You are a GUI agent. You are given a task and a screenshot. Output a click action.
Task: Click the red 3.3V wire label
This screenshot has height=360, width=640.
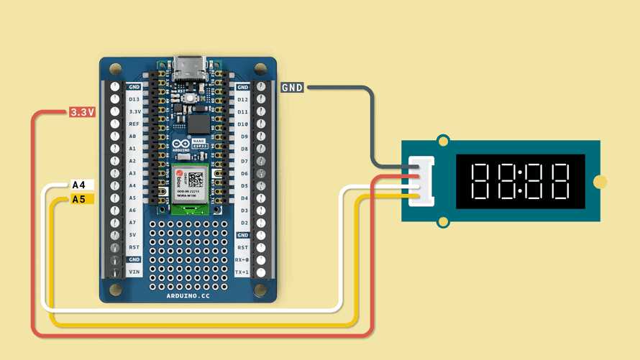coord(82,112)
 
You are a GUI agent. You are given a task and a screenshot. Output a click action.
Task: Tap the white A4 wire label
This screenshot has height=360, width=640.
coord(80,185)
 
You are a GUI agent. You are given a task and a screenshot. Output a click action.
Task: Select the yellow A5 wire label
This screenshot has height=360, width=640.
coord(80,198)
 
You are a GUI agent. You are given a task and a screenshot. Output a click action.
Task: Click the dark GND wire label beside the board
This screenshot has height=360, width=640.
coord(292,88)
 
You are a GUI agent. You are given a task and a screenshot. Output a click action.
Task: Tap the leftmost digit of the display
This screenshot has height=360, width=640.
coord(480,181)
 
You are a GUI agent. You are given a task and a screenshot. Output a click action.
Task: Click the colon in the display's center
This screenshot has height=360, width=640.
coord(519,181)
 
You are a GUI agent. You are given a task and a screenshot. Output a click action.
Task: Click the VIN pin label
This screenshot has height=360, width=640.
coord(134,272)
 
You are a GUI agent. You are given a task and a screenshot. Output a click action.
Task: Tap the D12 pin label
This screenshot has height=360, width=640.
coord(243,99)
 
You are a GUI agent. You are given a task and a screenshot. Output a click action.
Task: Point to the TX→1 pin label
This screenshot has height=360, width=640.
coord(243,272)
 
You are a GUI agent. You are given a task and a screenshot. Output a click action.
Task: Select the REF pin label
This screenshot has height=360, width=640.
coord(134,124)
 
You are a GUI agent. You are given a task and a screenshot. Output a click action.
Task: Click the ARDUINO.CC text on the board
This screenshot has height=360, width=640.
coord(188,295)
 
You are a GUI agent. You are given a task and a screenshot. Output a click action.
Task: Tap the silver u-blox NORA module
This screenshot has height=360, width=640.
coord(190,184)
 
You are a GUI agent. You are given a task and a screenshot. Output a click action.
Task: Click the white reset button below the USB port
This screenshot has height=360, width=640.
coord(190,98)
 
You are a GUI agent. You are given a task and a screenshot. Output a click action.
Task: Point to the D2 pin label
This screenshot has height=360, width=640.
coord(243,223)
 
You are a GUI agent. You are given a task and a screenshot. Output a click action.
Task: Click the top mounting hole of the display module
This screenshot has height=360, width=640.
coord(444,139)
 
